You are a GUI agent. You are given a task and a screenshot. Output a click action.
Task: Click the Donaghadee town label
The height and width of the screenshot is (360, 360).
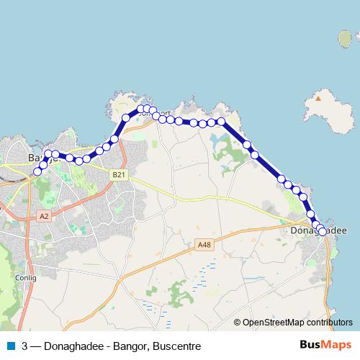point(318,231)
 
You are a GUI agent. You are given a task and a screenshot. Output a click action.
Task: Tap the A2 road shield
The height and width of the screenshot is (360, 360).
point(45,215)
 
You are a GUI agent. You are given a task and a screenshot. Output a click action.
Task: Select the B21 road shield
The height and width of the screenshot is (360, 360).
point(119,174)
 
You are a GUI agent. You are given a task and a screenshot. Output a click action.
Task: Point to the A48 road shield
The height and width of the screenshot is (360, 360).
point(204,246)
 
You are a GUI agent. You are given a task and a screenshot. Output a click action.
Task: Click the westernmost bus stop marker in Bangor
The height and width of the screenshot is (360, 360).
point(37,171)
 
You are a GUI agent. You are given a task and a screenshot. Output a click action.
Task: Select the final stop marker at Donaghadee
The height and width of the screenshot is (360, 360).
point(323,231)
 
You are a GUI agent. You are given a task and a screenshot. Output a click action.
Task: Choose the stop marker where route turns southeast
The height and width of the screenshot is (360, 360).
point(222,122)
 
